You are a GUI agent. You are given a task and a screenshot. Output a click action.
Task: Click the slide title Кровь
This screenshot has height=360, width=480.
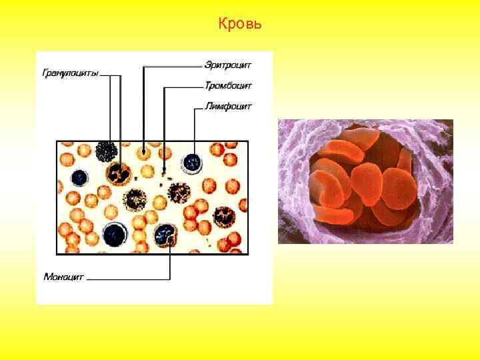(x=240, y=25)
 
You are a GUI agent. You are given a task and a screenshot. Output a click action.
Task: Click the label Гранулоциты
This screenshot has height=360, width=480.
(x=71, y=73)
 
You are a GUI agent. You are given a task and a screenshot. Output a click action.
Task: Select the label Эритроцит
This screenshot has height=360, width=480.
(x=228, y=66)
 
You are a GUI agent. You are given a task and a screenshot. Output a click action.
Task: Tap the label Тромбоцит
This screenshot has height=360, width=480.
(x=228, y=86)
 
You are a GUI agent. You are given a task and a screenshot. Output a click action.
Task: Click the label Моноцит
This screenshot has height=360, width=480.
(x=64, y=276)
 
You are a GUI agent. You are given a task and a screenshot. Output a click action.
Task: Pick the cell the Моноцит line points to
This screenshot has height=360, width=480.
(x=164, y=234)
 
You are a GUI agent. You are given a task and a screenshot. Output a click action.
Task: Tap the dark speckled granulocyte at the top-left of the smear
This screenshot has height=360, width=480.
(x=106, y=152)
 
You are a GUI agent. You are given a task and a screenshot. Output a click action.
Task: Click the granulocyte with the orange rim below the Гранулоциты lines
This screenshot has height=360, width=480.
(x=121, y=174)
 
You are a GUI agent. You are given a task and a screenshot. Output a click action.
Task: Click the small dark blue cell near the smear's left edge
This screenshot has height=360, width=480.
(x=80, y=177)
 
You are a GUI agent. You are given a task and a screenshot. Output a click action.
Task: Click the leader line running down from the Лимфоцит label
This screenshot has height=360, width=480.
(x=194, y=130)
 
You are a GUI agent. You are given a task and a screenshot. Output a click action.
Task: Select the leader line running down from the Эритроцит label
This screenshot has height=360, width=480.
(x=143, y=107)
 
